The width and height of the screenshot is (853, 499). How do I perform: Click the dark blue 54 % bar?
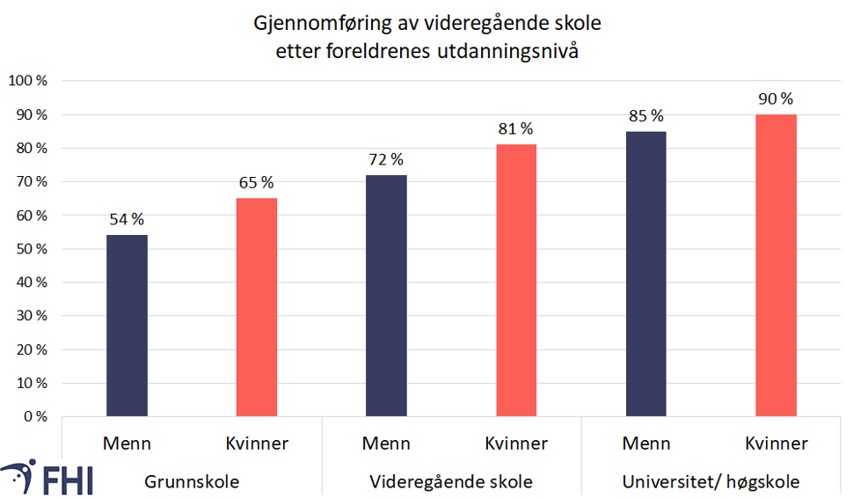[127, 326]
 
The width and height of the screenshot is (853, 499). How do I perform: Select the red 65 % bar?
[257, 307]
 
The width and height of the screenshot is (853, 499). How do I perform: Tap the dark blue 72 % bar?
[387, 296]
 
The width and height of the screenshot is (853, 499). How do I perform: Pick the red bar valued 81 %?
[516, 280]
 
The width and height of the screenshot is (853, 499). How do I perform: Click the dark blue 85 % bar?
[646, 274]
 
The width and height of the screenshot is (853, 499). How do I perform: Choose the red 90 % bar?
[776, 265]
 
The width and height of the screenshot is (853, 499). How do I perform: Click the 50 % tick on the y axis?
[31, 249]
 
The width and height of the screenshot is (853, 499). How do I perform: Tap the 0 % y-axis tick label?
[34, 416]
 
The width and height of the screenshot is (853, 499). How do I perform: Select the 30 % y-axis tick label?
[31, 316]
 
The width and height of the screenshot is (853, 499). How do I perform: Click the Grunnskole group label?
[192, 482]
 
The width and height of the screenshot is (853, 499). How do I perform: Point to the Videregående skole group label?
[451, 482]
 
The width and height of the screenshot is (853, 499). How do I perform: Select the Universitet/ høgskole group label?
[711, 482]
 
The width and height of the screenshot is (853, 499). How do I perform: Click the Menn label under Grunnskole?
[127, 443]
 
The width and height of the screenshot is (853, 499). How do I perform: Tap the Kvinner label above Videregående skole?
[516, 443]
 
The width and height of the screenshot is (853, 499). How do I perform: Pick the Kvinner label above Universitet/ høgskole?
[776, 443]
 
